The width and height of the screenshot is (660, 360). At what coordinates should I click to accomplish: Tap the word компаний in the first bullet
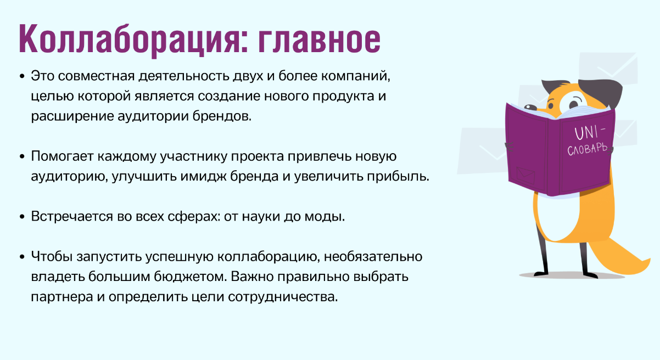pos(356,76)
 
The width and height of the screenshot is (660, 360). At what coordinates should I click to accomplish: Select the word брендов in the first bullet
pos(222,116)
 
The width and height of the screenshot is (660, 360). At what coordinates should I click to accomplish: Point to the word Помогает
pos(62,156)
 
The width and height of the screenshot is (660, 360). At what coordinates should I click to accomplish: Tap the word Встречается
pos(72,217)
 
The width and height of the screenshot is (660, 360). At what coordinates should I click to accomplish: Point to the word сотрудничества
pos(283,297)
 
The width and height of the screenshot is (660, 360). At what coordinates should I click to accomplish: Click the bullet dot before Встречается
pos(22,217)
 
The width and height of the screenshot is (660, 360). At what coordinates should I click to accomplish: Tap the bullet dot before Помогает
pos(22,156)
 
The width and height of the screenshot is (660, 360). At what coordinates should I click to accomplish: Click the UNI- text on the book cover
pos(589,133)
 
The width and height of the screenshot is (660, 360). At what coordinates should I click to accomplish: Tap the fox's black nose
pos(530,107)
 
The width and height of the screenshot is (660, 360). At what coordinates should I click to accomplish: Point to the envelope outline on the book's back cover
pos(525,175)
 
